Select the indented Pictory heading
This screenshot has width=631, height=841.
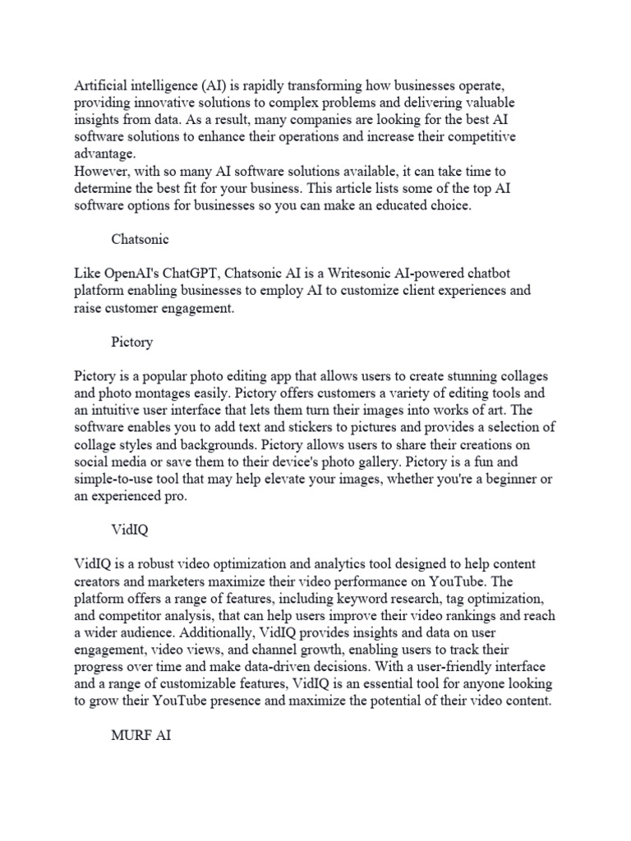(132, 342)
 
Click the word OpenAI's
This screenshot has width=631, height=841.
(135, 273)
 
